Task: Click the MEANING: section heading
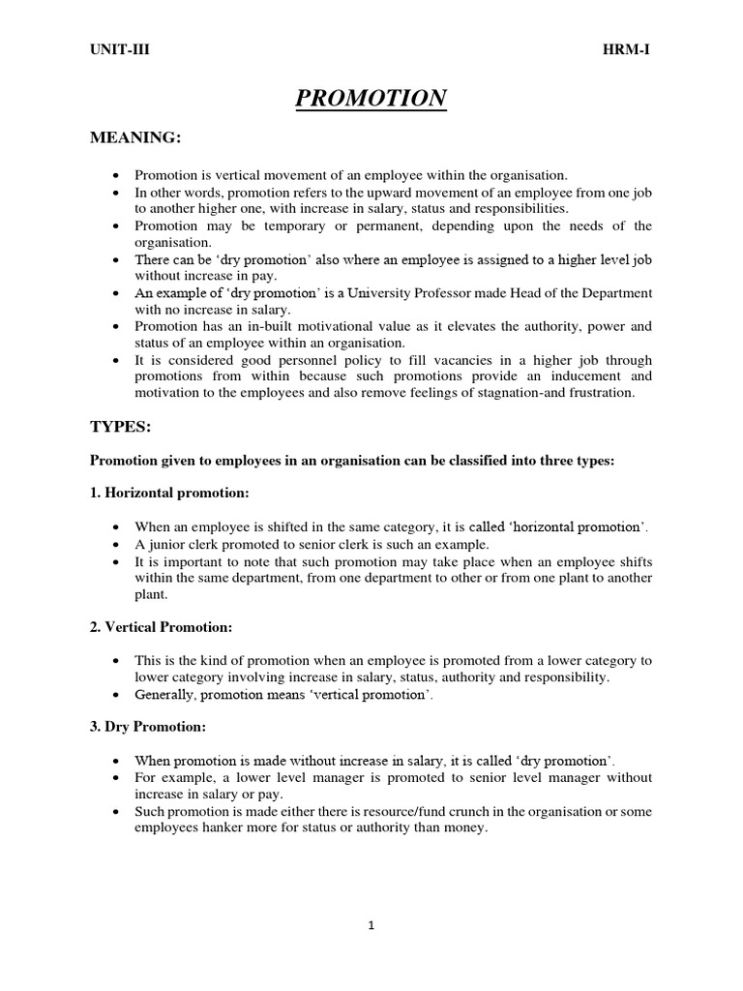click(135, 139)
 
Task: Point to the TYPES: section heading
click(122, 426)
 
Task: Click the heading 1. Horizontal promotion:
click(169, 493)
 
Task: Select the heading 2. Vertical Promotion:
click(161, 627)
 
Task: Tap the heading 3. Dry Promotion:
click(147, 727)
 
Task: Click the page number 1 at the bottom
click(371, 925)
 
